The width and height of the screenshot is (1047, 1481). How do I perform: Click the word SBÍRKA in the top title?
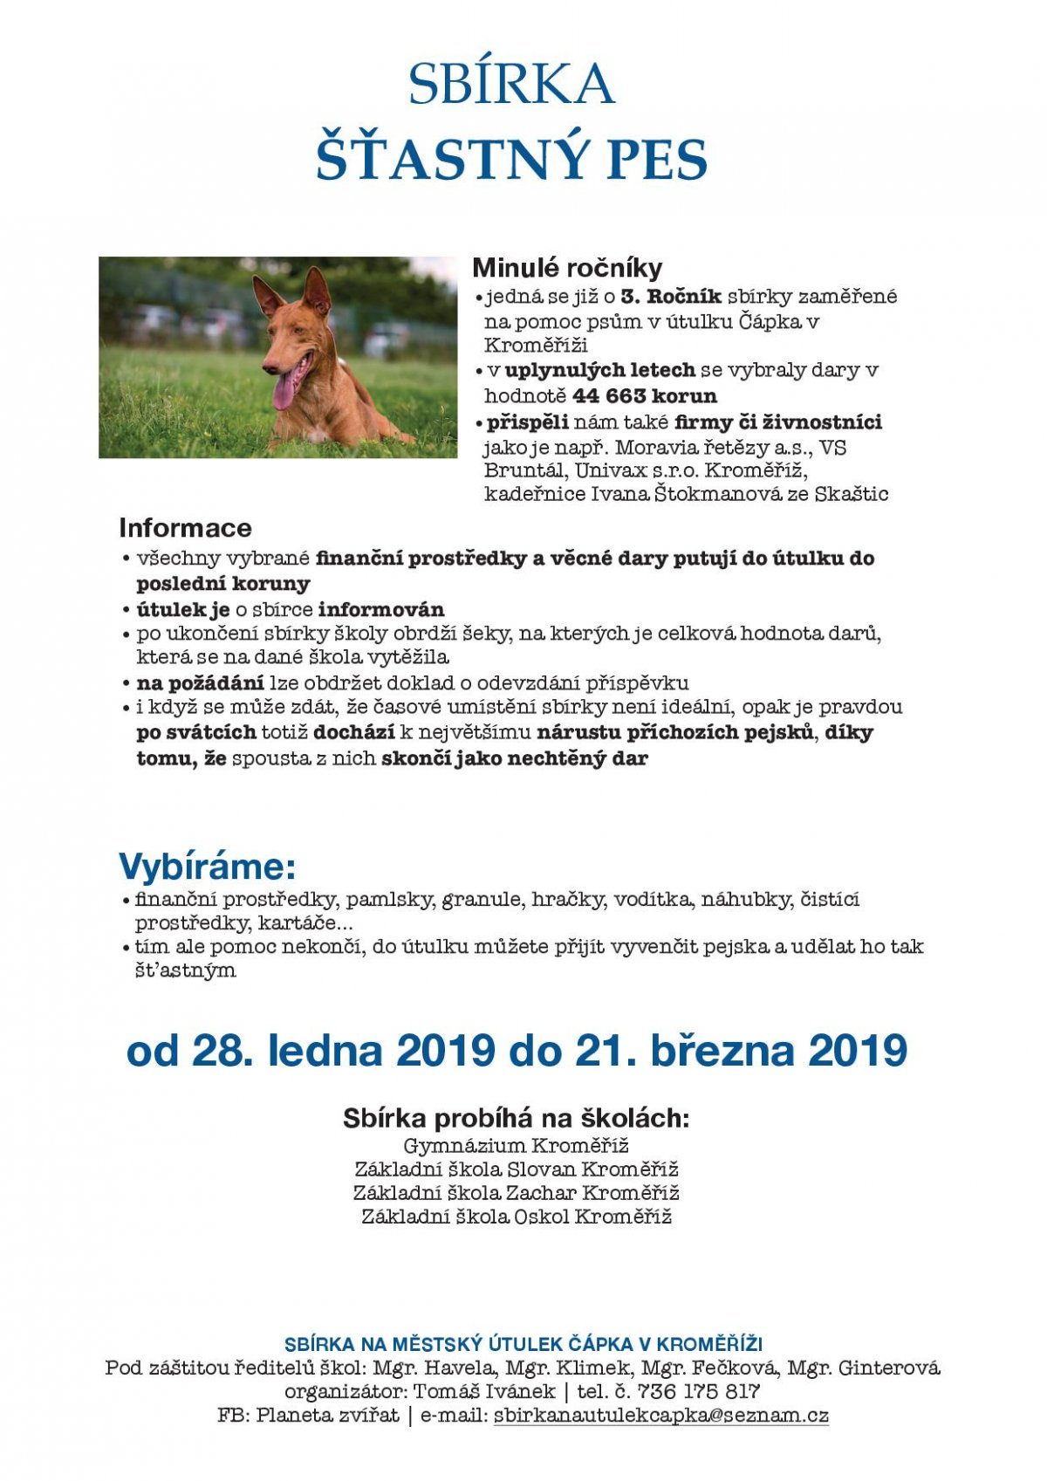tap(511, 85)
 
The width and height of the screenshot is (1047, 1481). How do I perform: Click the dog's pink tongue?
tap(284, 390)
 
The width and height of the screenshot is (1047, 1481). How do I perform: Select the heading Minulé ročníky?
tap(567, 268)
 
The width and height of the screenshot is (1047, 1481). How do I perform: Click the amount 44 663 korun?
tap(645, 396)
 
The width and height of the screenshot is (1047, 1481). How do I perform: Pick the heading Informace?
tap(185, 528)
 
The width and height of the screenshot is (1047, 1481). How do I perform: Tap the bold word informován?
tap(381, 609)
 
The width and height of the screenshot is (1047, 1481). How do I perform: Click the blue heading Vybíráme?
tap(207, 867)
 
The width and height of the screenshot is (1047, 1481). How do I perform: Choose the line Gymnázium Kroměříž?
tap(516, 1146)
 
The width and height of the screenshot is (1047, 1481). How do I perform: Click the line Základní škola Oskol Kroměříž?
tap(517, 1217)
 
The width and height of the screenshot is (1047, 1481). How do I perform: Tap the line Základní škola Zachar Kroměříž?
tap(517, 1193)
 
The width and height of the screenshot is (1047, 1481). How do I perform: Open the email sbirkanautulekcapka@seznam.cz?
tap(660, 1416)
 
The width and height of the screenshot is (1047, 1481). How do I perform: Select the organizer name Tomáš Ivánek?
tap(483, 1392)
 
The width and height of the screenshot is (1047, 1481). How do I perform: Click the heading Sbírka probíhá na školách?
tap(516, 1119)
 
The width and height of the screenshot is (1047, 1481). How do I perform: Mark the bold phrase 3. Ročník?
tap(671, 297)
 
